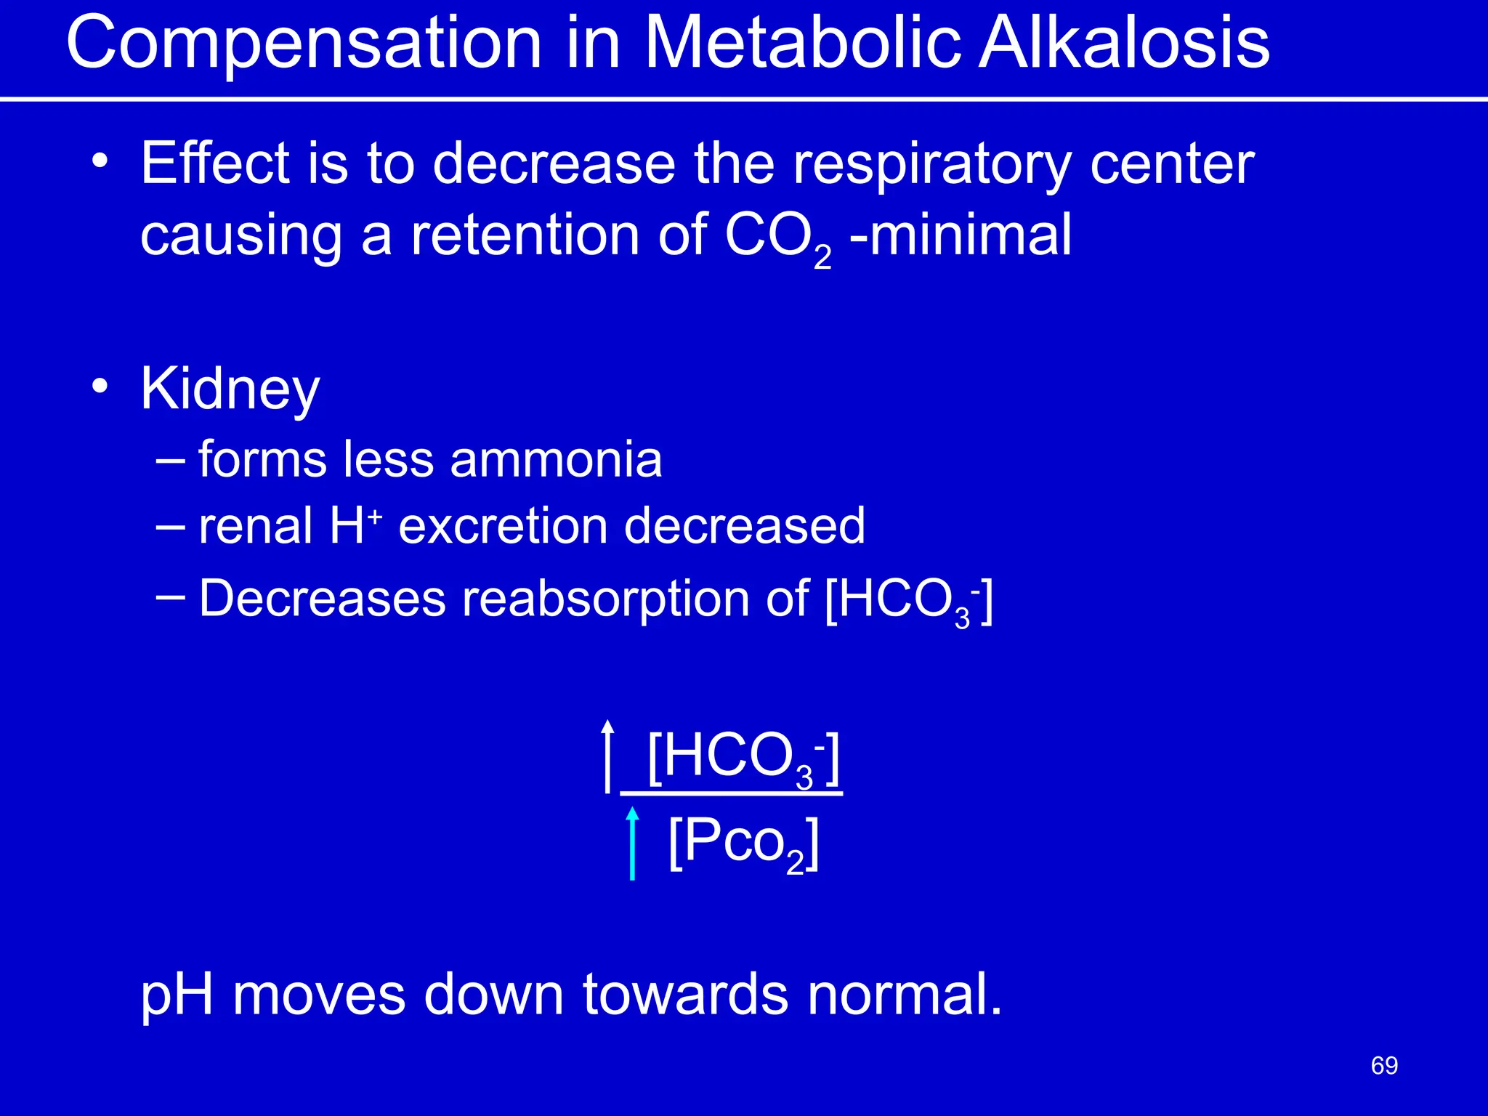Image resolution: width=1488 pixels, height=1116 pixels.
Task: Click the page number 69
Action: coord(1384,1066)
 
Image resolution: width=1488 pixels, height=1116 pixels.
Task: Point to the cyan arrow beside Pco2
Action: coord(632,843)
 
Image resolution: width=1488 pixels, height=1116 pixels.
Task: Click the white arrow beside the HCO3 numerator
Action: coord(607,756)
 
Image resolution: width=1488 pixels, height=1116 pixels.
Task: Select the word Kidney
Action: coord(230,389)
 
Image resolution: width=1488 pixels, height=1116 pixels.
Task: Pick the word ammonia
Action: coord(556,460)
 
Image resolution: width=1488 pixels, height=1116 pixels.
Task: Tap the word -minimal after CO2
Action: coord(960,235)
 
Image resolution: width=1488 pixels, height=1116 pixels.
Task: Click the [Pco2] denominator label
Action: coord(743,843)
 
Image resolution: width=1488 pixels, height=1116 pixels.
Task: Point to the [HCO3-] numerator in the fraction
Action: coord(743,758)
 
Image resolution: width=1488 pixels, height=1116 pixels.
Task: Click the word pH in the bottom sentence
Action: coord(177,995)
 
